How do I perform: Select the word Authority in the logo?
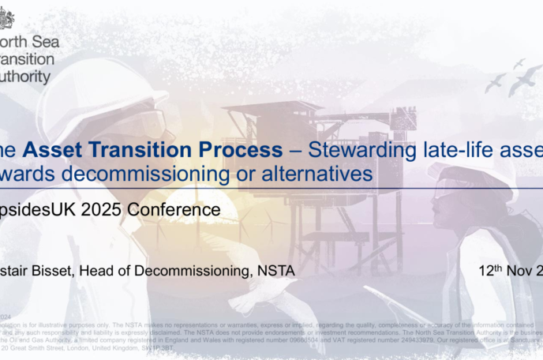27,77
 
